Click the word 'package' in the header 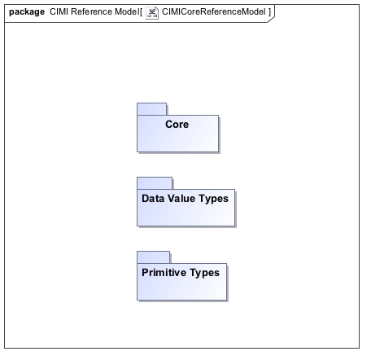click(27, 12)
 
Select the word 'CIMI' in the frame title click(59, 11)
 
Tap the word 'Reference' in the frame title click(91, 11)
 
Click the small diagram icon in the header click(152, 12)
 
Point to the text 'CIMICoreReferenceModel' click(214, 11)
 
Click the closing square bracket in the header click(269, 12)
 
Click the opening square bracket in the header click(141, 12)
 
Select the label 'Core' click(177, 125)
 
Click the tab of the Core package click(151, 109)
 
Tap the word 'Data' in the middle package click(153, 199)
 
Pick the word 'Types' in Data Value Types click(213, 199)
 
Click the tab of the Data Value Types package click(155, 183)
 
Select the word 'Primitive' click(164, 273)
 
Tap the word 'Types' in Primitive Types click(204, 273)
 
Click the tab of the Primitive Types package click(154, 257)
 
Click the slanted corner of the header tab click(271, 19)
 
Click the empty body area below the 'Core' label click(177, 141)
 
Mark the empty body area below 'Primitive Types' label click(181, 289)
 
